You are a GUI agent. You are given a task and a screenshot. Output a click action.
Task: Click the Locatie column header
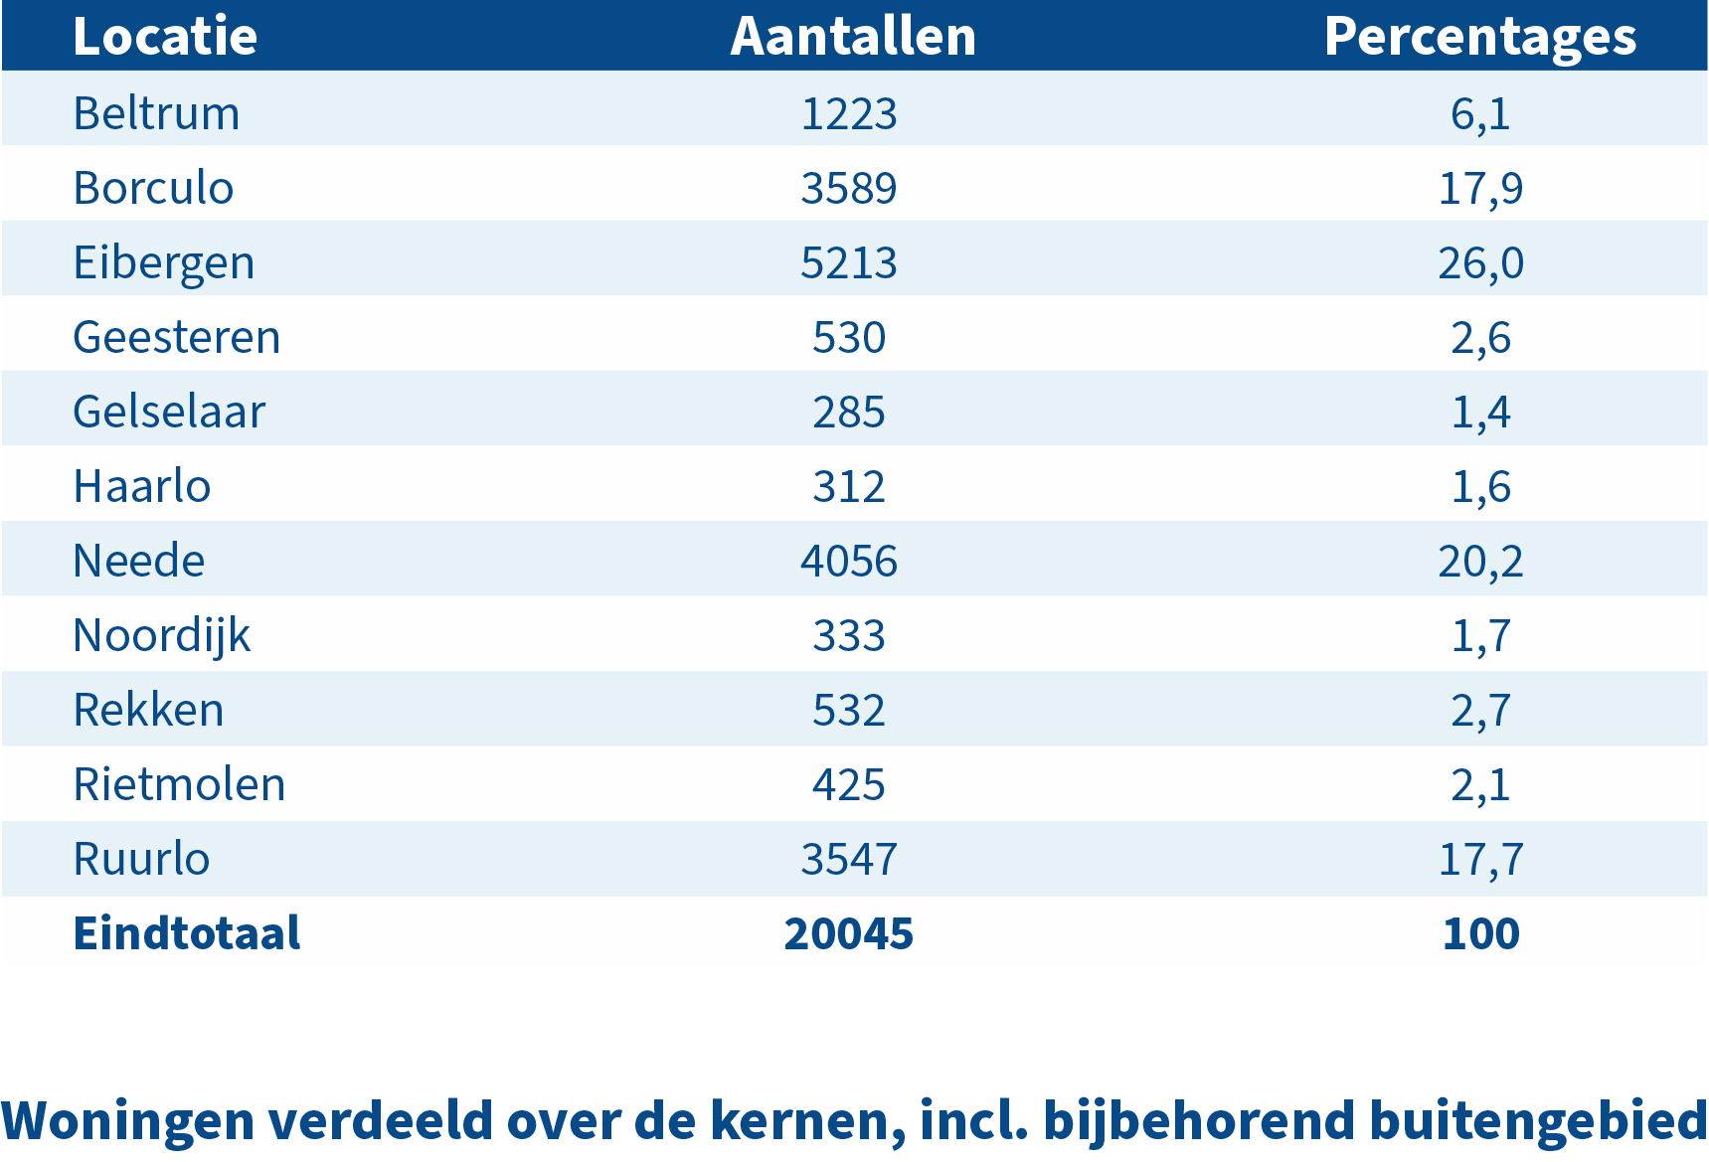pos(165,37)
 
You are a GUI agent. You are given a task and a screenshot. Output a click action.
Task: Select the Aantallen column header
pos(853,37)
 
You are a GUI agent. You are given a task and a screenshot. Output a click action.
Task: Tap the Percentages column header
pos(1479,37)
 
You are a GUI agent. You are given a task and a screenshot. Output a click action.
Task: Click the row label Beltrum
pos(156,113)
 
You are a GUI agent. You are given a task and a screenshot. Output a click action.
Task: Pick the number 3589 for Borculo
pos(848,188)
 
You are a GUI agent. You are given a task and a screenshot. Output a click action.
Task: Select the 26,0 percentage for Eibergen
pos(1480,262)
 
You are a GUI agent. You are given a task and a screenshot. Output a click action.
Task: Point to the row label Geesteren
pos(176,337)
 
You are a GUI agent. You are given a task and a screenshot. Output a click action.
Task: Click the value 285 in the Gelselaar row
pos(848,412)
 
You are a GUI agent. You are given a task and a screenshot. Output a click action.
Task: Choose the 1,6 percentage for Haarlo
pos(1480,486)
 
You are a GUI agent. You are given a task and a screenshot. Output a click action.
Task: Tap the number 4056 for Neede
pos(848,561)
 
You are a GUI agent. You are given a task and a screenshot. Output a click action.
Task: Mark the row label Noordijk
pos(161,636)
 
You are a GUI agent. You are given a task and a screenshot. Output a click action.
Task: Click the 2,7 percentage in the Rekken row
pos(1480,710)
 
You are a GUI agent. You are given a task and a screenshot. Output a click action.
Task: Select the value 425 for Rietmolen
pos(848,784)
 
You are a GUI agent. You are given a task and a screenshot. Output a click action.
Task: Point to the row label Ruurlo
pos(141,859)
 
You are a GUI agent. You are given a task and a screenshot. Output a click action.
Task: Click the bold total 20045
pos(848,933)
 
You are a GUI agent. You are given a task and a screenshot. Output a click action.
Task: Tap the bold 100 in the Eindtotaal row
pos(1480,933)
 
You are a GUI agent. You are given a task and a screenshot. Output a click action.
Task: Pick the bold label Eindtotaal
pos(186,933)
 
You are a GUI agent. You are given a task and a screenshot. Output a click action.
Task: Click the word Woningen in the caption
pos(127,1120)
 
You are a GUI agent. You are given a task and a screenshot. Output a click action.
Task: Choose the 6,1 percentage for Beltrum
pos(1480,113)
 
